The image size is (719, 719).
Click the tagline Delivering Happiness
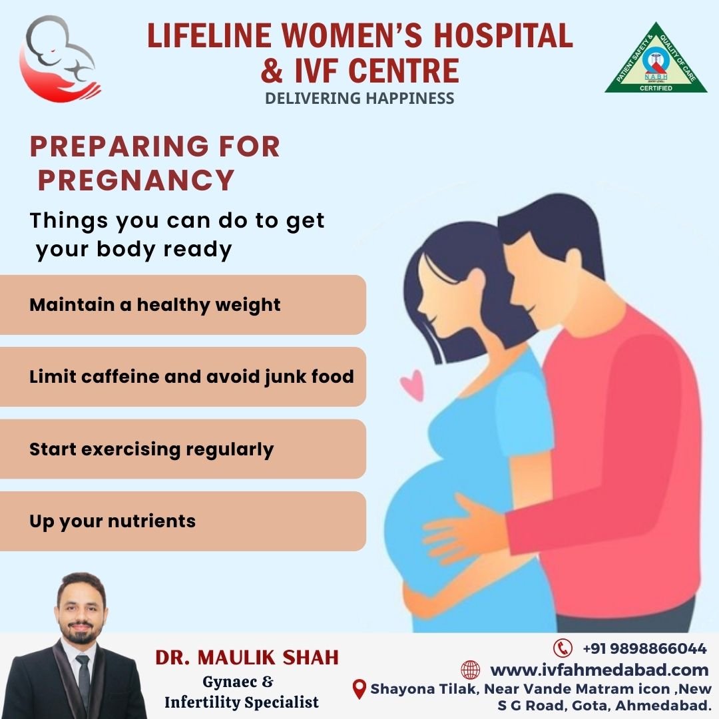click(359, 98)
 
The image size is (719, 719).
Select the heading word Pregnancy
click(136, 180)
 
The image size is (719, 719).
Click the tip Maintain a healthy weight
click(155, 305)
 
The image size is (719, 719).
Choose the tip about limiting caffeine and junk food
click(192, 377)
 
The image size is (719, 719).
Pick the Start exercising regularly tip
click(151, 449)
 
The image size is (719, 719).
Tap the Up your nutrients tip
click(113, 521)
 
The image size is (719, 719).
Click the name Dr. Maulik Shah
click(247, 658)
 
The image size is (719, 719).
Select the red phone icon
click(563, 648)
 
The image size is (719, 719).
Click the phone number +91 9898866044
click(644, 648)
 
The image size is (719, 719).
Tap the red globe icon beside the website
click(471, 670)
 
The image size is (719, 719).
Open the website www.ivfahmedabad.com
click(599, 670)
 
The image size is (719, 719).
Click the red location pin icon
click(359, 690)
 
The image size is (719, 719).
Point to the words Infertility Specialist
click(242, 702)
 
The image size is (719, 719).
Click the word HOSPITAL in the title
click(503, 35)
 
